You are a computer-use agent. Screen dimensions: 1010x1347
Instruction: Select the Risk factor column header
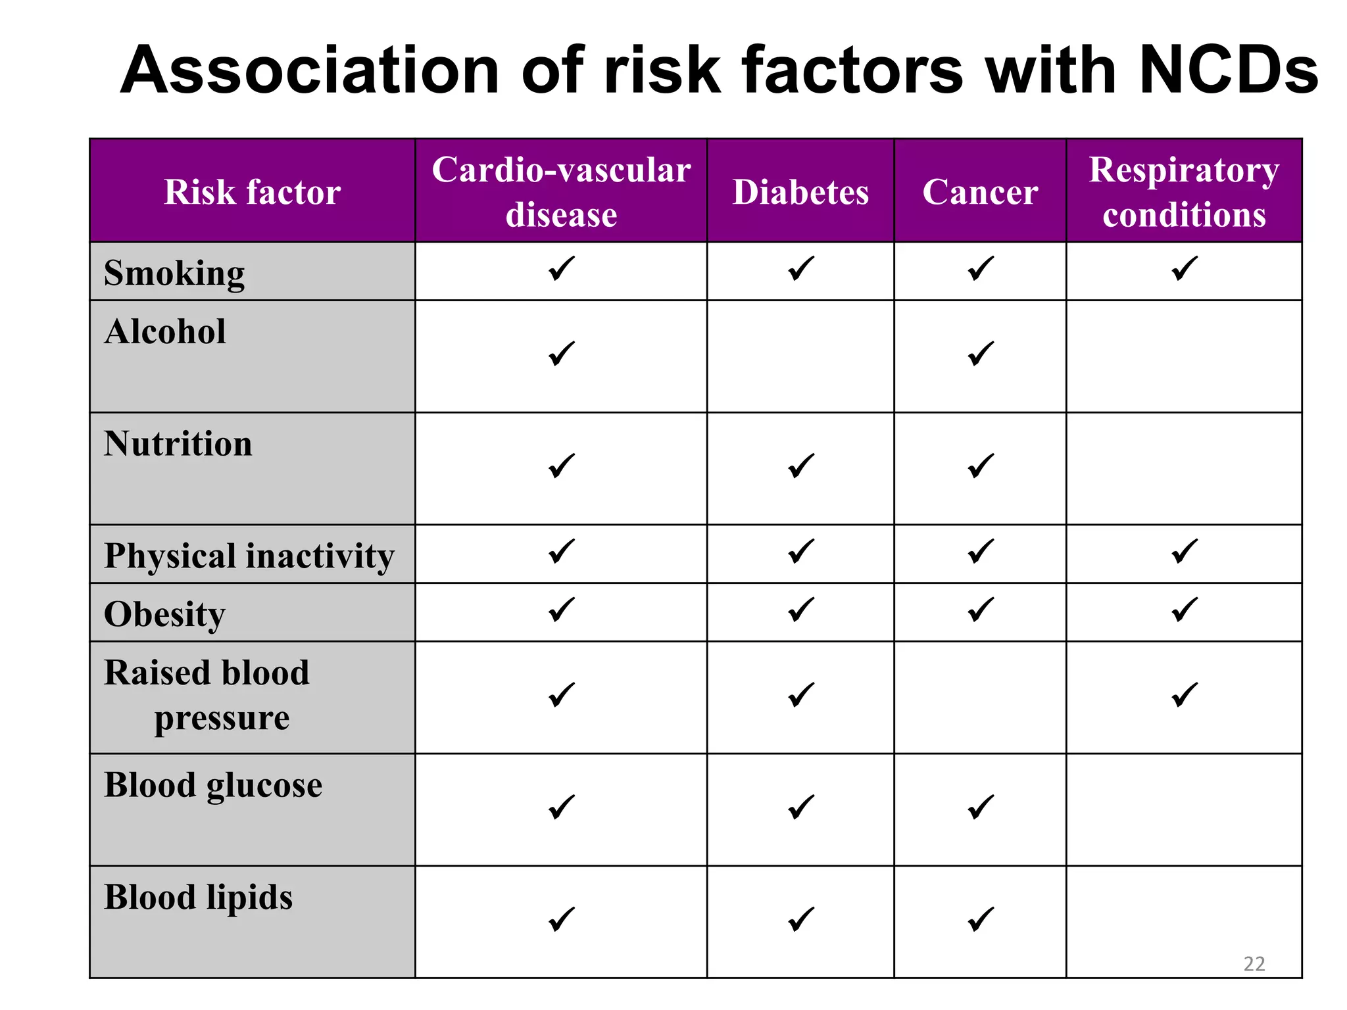click(252, 192)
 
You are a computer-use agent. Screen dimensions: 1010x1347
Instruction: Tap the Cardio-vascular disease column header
click(561, 192)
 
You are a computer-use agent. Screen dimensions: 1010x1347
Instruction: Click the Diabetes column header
click(800, 192)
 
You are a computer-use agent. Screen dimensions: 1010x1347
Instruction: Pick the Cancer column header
click(980, 192)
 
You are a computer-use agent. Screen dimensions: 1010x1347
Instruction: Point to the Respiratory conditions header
click(1184, 192)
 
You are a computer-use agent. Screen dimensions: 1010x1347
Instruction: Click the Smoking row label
click(174, 273)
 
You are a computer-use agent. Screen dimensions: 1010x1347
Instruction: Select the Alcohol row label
click(165, 331)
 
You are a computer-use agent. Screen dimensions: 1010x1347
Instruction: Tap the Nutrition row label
click(178, 444)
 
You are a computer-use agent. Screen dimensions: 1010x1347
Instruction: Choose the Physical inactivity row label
click(249, 556)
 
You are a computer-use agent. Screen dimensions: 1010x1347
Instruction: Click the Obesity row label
click(165, 614)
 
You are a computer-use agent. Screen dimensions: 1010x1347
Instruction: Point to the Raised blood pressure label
click(207, 695)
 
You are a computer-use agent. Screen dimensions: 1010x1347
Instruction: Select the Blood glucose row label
click(213, 785)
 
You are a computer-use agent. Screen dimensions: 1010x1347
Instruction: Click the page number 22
click(1254, 964)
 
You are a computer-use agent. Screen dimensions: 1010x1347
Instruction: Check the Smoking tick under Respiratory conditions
click(1184, 269)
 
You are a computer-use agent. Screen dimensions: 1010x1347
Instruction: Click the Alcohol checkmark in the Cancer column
click(980, 354)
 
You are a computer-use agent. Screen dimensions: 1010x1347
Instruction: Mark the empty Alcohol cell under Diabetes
click(800, 356)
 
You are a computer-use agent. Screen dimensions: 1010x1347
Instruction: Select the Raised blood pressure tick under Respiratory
click(1184, 695)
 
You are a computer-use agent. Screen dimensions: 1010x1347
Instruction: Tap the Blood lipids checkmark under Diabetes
click(800, 919)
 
